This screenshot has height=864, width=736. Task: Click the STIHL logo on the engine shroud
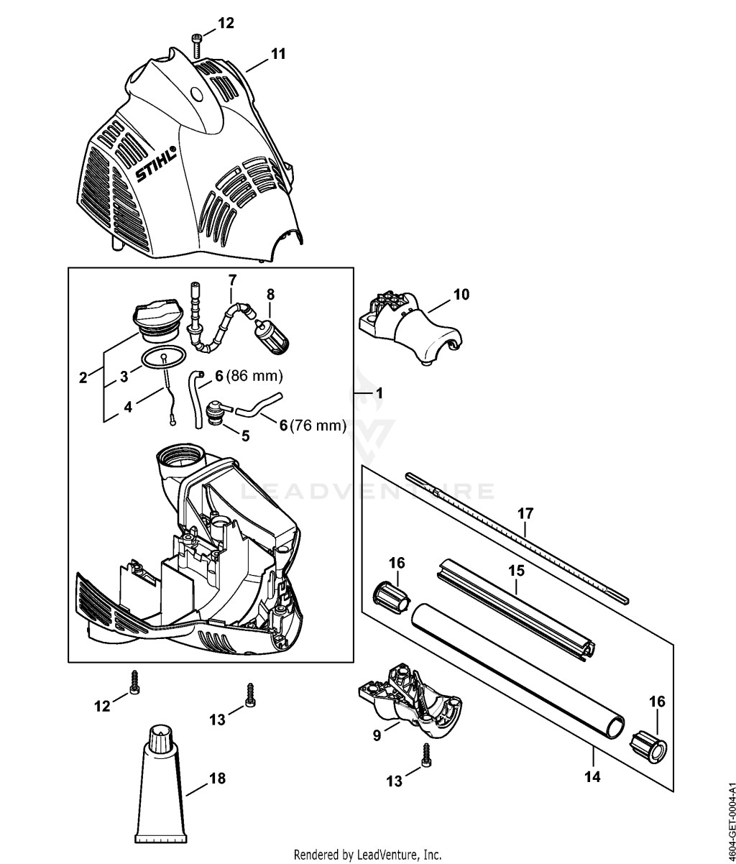(155, 164)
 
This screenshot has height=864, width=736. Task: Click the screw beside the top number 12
(195, 46)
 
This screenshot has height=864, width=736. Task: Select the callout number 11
(278, 54)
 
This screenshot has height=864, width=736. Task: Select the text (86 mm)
(254, 376)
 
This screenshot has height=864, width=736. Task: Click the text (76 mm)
(318, 426)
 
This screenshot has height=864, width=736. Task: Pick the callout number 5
(246, 436)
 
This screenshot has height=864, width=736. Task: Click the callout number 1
(379, 393)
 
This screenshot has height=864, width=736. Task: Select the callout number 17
(525, 513)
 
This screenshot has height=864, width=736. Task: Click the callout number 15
(516, 571)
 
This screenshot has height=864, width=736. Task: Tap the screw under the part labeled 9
(427, 755)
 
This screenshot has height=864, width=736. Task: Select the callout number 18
(217, 778)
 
